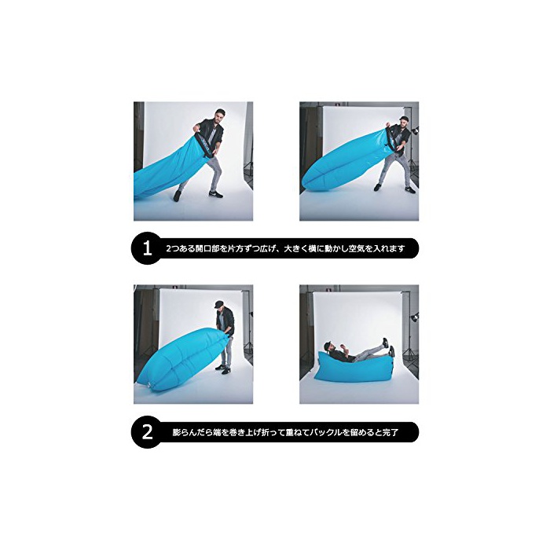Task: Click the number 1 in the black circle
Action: tap(148, 248)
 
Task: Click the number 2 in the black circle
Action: tap(148, 432)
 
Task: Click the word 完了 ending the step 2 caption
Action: tap(390, 432)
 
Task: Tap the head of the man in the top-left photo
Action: tap(219, 115)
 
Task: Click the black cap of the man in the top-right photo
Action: tap(405, 118)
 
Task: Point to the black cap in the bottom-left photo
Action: tap(219, 303)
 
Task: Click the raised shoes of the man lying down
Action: tap(388, 346)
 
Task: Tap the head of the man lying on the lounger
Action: tap(330, 346)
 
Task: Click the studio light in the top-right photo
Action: tap(415, 131)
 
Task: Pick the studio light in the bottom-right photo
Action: tap(415, 317)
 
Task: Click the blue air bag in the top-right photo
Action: tap(346, 159)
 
